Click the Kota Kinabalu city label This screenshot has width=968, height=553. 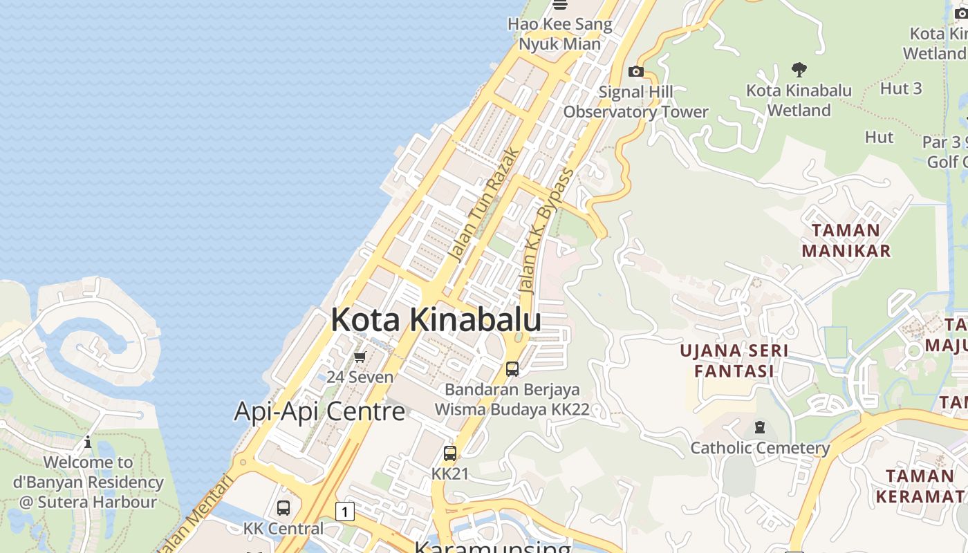(x=436, y=320)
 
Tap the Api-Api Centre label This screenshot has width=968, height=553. (x=319, y=411)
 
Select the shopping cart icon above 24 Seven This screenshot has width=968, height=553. (x=360, y=357)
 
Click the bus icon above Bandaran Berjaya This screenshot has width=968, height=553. (x=512, y=369)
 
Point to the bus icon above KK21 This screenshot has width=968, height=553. (x=450, y=454)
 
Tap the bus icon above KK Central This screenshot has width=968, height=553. (x=283, y=508)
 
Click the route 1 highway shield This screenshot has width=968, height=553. (x=344, y=512)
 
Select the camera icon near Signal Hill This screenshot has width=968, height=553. (x=635, y=71)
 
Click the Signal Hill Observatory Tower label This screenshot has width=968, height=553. (x=635, y=102)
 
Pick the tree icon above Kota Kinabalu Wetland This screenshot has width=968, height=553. (x=799, y=70)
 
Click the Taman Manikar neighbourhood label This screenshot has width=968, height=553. (x=846, y=240)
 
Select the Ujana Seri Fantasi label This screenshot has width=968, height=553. (x=734, y=360)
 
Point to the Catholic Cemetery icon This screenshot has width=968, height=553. (x=760, y=427)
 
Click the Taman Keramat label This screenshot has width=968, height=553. (x=920, y=486)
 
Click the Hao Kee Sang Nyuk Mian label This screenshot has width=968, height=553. (x=559, y=34)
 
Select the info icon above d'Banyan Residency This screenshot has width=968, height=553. (x=88, y=442)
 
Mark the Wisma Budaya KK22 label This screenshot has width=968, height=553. (x=512, y=409)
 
